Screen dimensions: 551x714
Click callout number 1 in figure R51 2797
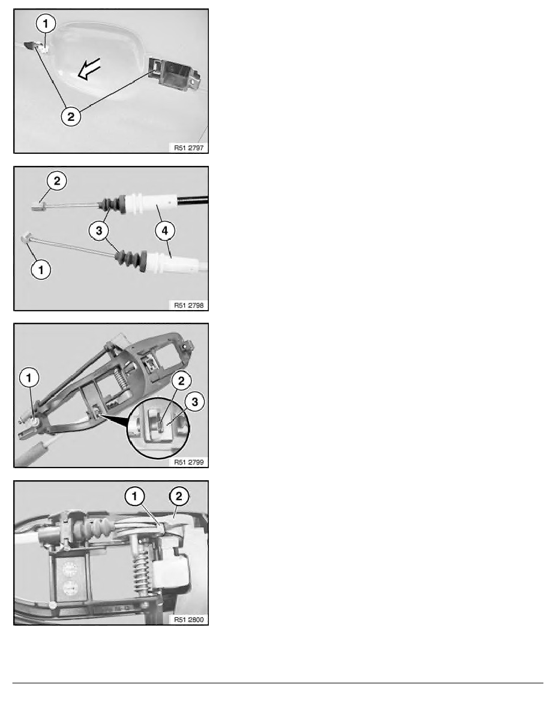coord(46,23)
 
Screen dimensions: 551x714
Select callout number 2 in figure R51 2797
coord(71,116)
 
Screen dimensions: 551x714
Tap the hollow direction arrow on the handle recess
coord(89,69)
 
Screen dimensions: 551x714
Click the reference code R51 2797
coord(188,147)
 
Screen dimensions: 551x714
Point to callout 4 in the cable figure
coord(164,230)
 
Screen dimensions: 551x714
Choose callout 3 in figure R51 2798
coord(99,230)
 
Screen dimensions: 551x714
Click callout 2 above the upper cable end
coord(56,181)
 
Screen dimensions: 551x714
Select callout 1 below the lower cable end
coord(41,270)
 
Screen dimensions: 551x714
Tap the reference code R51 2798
coord(188,305)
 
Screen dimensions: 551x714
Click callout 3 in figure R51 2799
coord(195,401)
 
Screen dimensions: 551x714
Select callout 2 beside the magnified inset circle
coord(181,380)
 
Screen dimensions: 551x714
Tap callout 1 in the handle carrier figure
coord(29,377)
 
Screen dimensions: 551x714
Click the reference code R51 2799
coord(188,462)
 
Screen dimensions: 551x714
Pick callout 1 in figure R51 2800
coord(134,496)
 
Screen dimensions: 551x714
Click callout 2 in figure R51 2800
coord(179,496)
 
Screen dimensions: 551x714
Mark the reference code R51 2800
coord(188,620)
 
